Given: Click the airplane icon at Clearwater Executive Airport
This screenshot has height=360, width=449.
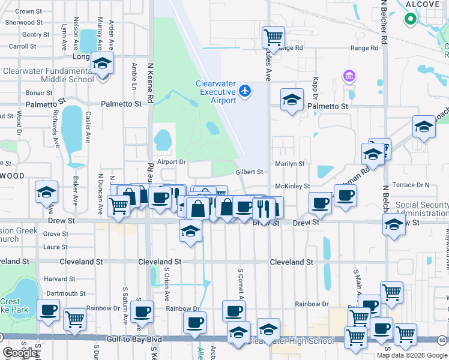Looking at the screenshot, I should pos(244,91).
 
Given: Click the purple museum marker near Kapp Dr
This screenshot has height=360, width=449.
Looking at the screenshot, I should pos(349,76).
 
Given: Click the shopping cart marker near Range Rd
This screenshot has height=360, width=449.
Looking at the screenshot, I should pos(273,37).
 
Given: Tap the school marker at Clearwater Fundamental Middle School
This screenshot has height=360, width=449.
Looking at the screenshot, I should pos(103,62).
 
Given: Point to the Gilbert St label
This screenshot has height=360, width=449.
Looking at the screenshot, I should pos(249,172).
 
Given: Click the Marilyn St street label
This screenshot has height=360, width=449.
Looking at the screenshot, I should pos(289,163).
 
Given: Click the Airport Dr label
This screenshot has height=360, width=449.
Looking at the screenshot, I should pos(172,162).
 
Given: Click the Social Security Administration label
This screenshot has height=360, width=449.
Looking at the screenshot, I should pos(421,209).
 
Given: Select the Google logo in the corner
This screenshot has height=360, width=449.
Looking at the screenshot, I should pos(20,352).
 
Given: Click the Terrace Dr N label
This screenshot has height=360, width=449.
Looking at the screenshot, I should pos(411,185).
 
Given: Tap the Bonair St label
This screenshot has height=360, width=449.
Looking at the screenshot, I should pos(39,93).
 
